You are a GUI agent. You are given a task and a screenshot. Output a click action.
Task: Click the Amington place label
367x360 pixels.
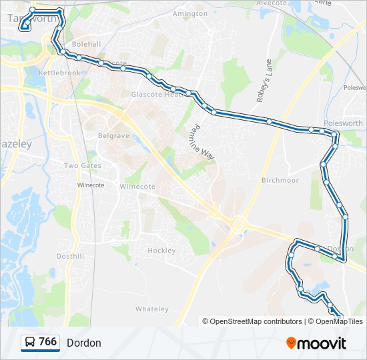tap(190, 13)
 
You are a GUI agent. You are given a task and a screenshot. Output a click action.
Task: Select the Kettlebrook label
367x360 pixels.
tap(59, 73)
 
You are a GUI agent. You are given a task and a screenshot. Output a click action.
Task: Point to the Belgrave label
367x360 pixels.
tap(113, 135)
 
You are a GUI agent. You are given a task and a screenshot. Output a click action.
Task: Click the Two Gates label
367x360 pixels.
tap(83, 165)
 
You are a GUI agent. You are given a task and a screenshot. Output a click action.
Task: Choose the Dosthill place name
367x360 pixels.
tap(70, 256)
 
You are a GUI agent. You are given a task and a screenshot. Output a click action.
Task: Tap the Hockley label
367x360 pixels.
tap(161, 251)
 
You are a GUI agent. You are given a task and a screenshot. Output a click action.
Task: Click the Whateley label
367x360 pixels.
tap(152, 309)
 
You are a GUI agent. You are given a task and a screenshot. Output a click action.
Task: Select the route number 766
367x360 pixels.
tap(47, 342)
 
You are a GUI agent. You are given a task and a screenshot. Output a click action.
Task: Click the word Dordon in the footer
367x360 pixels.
tap(84, 343)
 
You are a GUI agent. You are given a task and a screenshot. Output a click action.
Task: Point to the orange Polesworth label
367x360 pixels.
tap(343, 123)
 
